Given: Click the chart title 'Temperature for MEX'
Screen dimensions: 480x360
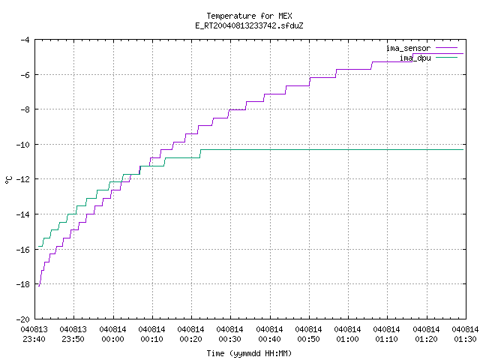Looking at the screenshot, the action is (x=249, y=16).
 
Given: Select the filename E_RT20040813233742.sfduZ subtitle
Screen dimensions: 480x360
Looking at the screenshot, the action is (x=249, y=25).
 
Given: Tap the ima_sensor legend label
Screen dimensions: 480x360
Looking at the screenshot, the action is (x=408, y=48).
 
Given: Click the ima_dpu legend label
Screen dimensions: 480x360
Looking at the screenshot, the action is (x=415, y=58).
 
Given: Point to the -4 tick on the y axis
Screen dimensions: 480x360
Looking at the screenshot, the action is (x=25, y=40).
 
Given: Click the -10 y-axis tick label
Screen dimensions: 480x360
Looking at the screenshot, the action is (x=23, y=145).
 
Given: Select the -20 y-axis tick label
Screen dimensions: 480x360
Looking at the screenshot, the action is (x=23, y=319).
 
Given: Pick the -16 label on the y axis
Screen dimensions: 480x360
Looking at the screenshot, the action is (x=23, y=250).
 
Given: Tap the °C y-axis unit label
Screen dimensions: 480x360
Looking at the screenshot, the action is (x=8, y=180).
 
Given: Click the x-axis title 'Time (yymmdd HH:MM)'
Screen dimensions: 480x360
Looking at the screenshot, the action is (x=249, y=353).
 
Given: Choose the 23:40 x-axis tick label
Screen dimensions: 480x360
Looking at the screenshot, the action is (x=34, y=339).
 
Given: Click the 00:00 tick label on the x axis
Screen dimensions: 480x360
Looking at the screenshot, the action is (x=112, y=339).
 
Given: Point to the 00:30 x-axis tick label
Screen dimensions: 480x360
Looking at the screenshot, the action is (x=229, y=339).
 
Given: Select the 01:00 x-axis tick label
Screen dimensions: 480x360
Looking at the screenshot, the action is (x=347, y=339).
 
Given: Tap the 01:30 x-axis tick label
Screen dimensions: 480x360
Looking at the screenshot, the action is (x=465, y=339).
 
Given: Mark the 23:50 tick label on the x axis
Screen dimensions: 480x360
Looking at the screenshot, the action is (x=73, y=339).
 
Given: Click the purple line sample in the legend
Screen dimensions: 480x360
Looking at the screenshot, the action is (x=446, y=48).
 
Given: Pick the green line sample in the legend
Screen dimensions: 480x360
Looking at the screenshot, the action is (x=446, y=57).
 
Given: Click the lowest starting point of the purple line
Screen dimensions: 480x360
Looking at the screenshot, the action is (x=39, y=286).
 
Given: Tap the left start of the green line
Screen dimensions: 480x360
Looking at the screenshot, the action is (x=38, y=246).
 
